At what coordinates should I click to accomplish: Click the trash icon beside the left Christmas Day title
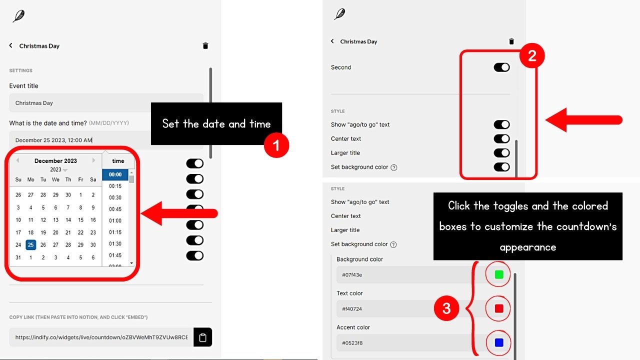coord(205,46)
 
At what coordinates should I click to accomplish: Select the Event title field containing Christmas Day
coord(106,103)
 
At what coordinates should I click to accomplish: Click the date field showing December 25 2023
coord(80,140)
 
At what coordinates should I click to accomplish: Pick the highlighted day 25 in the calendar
coord(31,245)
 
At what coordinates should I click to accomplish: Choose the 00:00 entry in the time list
coord(115,175)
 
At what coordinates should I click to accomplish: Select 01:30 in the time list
coord(115,244)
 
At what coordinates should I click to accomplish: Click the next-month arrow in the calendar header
coord(93,160)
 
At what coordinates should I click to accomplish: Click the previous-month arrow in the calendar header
coord(17,160)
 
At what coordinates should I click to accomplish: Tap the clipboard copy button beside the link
coord(202,337)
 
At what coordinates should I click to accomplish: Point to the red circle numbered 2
coord(532,56)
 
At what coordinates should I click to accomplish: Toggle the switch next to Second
coord(501,67)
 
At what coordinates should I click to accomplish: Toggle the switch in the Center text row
coord(501,139)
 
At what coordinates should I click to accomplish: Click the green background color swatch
coord(498,274)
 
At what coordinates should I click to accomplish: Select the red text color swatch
coord(498,308)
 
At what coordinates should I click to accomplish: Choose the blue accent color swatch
coord(498,343)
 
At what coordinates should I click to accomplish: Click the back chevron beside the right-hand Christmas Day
coord(332,41)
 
